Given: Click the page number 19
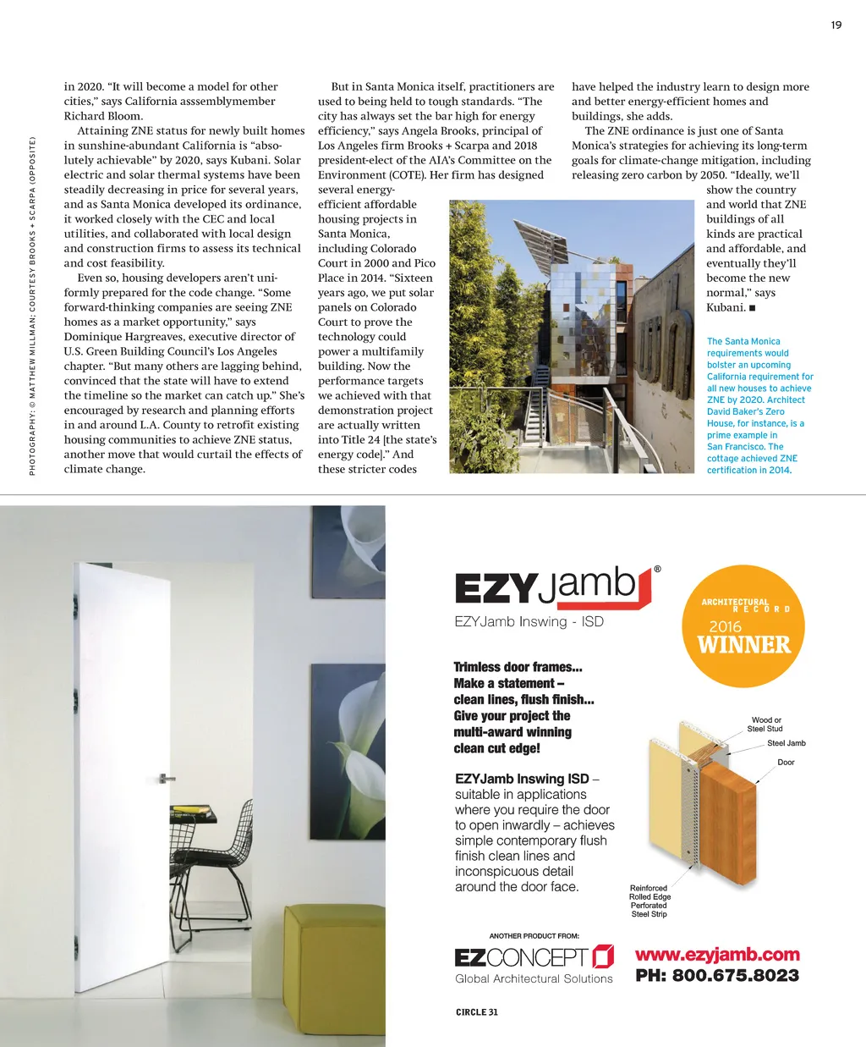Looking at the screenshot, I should pyautogui.click(x=836, y=25).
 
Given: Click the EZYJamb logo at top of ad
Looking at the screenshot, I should pyautogui.click(x=555, y=587).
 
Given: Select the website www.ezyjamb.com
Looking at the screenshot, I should pyautogui.click(x=717, y=955).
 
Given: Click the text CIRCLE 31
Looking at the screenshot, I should pyautogui.click(x=477, y=1011).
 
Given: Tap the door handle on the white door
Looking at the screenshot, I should pyautogui.click(x=167, y=778).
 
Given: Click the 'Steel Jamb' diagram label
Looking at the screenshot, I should pyautogui.click(x=786, y=743).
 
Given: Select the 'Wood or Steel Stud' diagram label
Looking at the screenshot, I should pyautogui.click(x=765, y=725).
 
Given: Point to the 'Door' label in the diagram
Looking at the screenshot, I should pyautogui.click(x=786, y=763).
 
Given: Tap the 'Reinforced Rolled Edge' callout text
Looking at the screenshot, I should pyautogui.click(x=649, y=901).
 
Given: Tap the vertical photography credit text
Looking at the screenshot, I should pyautogui.click(x=32, y=305).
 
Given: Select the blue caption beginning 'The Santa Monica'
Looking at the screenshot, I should pyautogui.click(x=759, y=405).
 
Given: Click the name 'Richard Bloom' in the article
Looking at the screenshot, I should pyautogui.click(x=103, y=116).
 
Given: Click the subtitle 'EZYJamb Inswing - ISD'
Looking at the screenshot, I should pyautogui.click(x=529, y=621).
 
